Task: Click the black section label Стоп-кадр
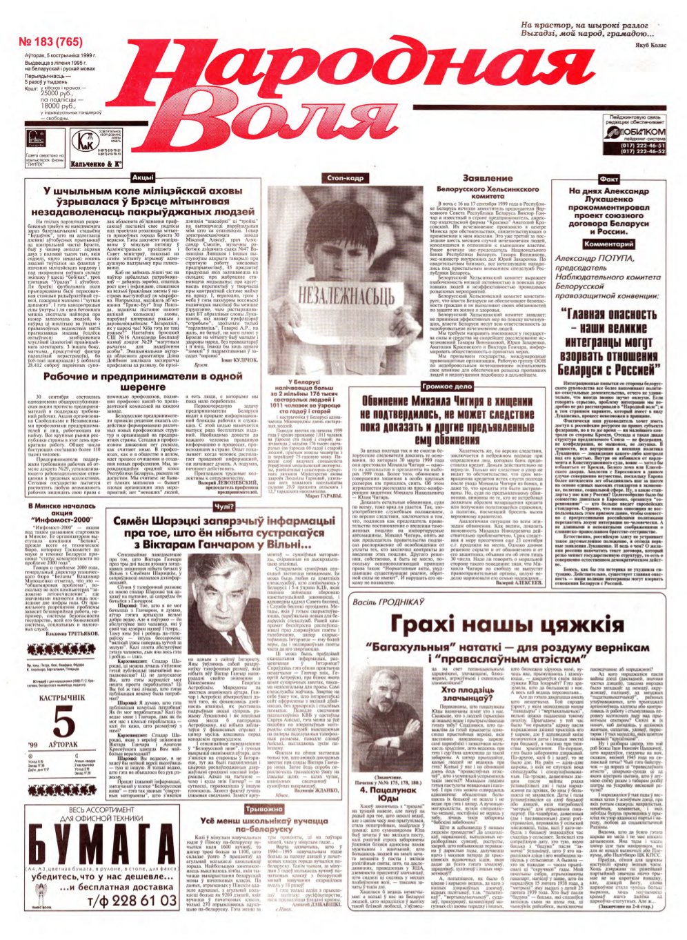tap(345, 178)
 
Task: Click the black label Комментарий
tap(608, 244)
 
